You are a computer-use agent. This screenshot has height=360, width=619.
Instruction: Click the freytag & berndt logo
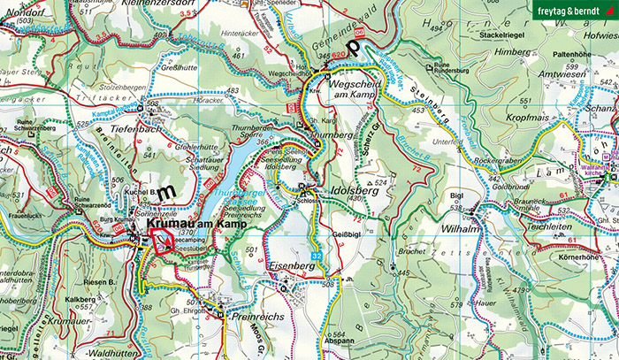coord(574,11)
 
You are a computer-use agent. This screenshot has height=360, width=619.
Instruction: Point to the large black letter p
coord(355,46)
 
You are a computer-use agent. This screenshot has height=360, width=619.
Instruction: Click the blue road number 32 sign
coord(316,257)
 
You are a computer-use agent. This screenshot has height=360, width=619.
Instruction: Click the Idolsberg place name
coord(350,191)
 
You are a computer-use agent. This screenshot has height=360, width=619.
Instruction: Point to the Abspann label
coord(314,339)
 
